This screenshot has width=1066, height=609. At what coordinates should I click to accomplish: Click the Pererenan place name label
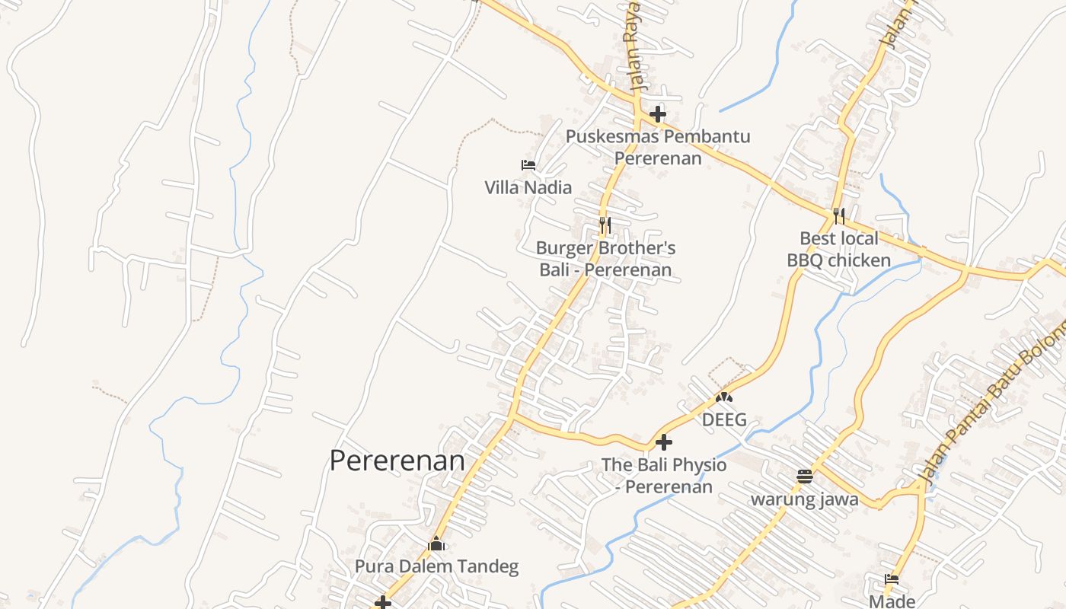click(397, 461)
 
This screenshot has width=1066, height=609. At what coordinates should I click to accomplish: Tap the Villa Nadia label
click(528, 187)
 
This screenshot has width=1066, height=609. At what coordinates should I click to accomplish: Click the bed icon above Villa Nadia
click(528, 165)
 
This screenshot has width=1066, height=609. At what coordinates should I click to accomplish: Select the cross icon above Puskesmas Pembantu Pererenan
click(658, 115)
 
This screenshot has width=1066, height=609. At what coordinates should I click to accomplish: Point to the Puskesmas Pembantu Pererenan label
click(658, 148)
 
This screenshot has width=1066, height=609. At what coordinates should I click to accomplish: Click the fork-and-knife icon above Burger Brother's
click(605, 225)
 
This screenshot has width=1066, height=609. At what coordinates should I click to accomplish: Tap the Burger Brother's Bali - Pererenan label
click(605, 259)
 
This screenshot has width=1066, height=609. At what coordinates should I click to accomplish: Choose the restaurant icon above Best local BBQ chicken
click(838, 216)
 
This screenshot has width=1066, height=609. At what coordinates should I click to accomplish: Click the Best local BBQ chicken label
click(838, 250)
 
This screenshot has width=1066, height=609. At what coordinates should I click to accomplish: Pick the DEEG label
click(724, 419)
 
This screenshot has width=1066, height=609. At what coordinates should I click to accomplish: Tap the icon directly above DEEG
click(724, 397)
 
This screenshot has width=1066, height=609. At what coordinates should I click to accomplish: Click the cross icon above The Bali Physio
click(664, 442)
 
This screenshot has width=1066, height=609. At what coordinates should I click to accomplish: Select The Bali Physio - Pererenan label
click(664, 475)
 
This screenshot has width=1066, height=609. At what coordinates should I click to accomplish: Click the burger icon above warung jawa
click(805, 477)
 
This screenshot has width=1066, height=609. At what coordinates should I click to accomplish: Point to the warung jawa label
click(805, 499)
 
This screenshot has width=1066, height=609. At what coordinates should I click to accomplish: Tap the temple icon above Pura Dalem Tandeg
click(436, 544)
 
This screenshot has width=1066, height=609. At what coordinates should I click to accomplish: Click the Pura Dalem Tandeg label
click(436, 566)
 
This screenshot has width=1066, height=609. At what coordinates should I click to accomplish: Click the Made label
click(892, 601)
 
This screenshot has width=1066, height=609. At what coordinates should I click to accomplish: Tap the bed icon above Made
click(892, 580)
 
